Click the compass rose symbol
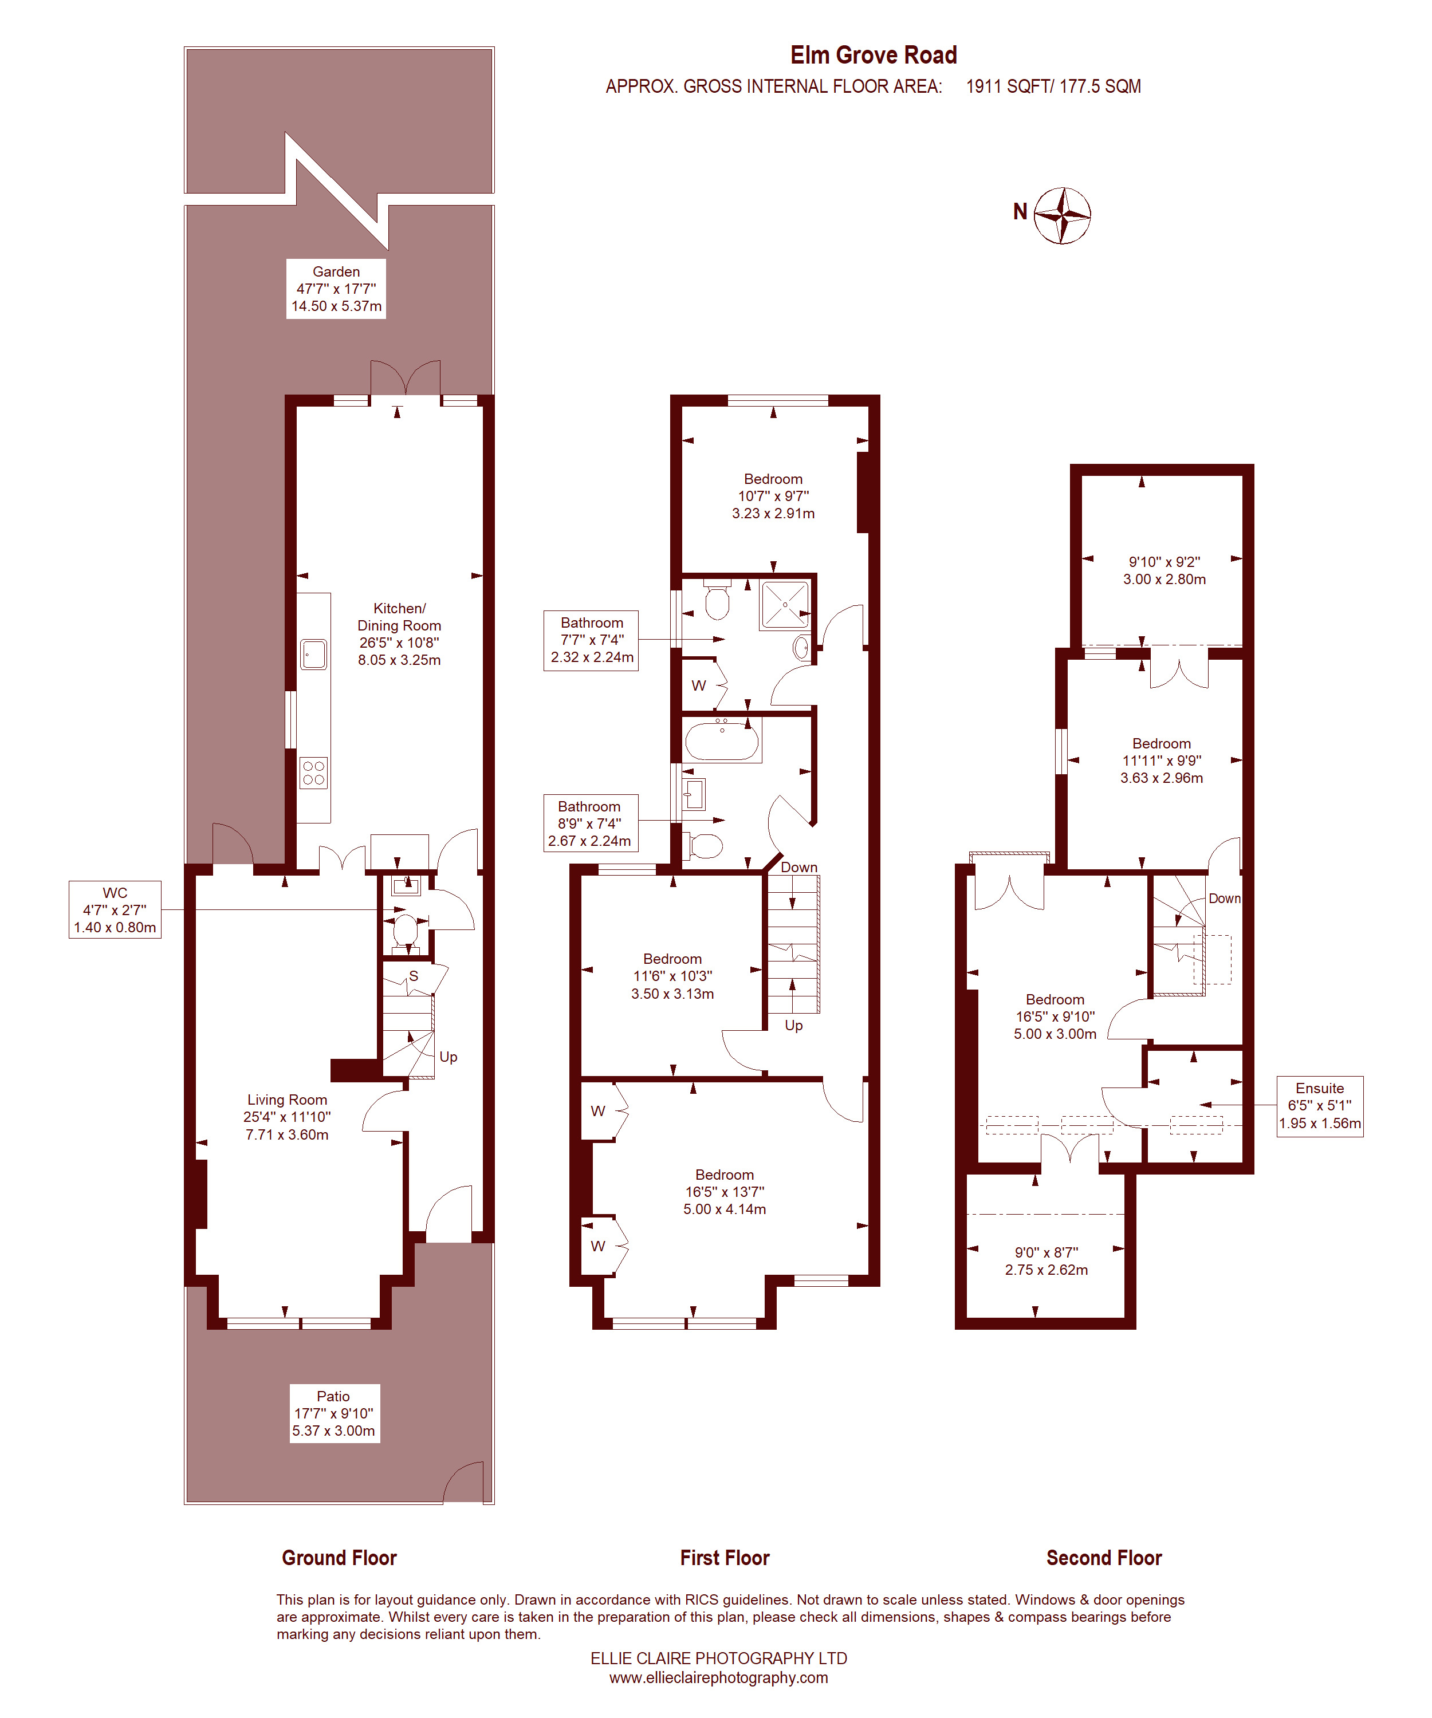click(x=1061, y=215)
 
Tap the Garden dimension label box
click(x=336, y=289)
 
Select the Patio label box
click(x=334, y=1413)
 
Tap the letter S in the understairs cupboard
click(x=413, y=976)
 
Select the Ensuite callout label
click(x=1319, y=1105)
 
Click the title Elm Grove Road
click(x=873, y=55)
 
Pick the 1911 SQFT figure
click(x=1006, y=86)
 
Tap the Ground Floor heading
click(x=339, y=1558)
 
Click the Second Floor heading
click(x=1103, y=1558)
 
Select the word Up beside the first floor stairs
click(x=793, y=1026)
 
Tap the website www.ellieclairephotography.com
click(x=718, y=1678)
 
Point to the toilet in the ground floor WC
click(x=405, y=930)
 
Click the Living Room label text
click(x=287, y=1100)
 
